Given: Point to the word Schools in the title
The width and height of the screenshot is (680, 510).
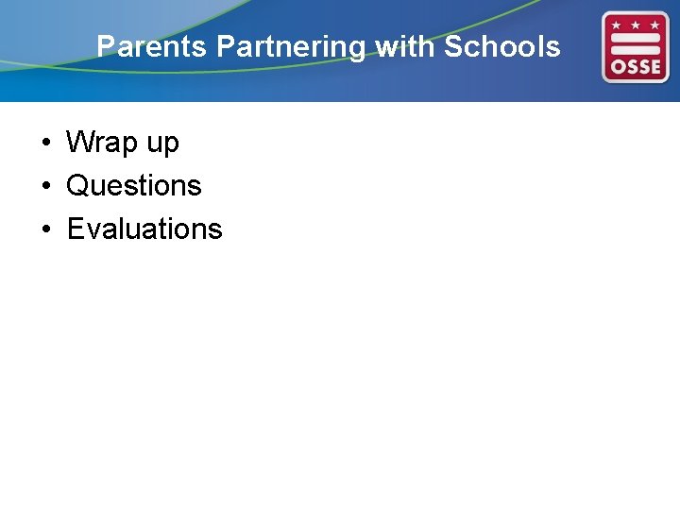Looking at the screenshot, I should pyautogui.click(x=501, y=46).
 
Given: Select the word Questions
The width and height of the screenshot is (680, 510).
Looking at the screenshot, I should pyautogui.click(x=134, y=186).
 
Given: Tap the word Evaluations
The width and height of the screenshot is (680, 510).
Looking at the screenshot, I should pyautogui.click(x=144, y=229).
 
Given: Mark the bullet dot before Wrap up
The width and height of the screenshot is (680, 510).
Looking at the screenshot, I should pyautogui.click(x=45, y=144).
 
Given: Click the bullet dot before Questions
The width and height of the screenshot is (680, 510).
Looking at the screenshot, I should pyautogui.click(x=45, y=186).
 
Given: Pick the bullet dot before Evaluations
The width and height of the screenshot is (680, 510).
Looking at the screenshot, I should pyautogui.click(x=45, y=229).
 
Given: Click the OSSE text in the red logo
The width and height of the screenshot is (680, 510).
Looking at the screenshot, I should pyautogui.click(x=636, y=67).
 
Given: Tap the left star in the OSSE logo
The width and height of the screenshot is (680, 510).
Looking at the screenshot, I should pyautogui.click(x=617, y=22).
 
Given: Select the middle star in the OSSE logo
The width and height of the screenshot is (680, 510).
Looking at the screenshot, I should pyautogui.click(x=636, y=22).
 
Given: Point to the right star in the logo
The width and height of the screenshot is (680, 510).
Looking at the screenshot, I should pyautogui.click(x=654, y=22).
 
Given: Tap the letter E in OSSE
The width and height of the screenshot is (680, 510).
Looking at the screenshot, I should pyautogui.click(x=655, y=67).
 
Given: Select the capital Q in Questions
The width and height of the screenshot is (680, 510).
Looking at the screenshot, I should pyautogui.click(x=77, y=186).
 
